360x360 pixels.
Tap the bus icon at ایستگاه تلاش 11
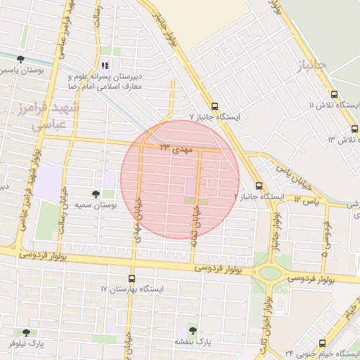coord(333,94)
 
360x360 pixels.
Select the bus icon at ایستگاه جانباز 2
coord(259,186)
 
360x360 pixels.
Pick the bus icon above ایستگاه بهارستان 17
coord(131,278)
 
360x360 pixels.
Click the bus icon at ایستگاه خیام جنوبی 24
coord(322,343)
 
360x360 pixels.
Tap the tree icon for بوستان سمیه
coord(96,193)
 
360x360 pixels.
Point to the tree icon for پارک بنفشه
coord(193,330)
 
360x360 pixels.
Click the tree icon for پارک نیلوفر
coord(27,332)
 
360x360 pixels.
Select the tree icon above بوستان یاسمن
coord(20,58)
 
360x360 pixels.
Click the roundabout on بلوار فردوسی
coord(269,273)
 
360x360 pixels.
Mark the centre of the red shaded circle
coord(180,179)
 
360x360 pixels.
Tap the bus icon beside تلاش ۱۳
coord(353,129)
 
